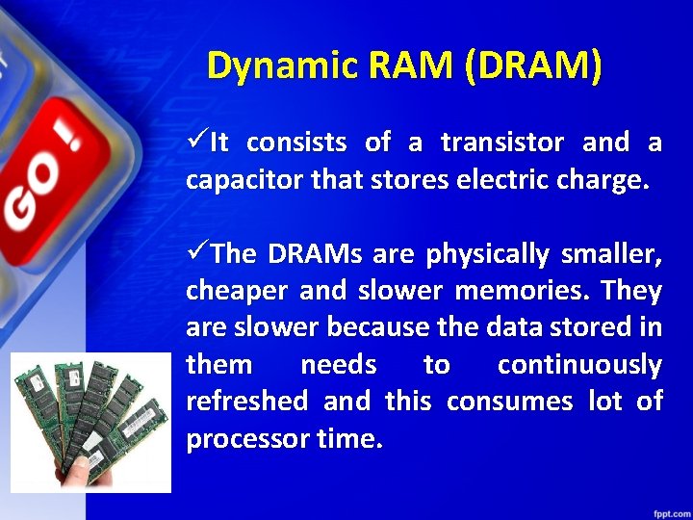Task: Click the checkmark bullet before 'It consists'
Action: [197, 143]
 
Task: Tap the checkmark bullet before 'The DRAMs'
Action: [197, 253]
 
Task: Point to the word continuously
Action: [579, 365]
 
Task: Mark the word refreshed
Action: [247, 402]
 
